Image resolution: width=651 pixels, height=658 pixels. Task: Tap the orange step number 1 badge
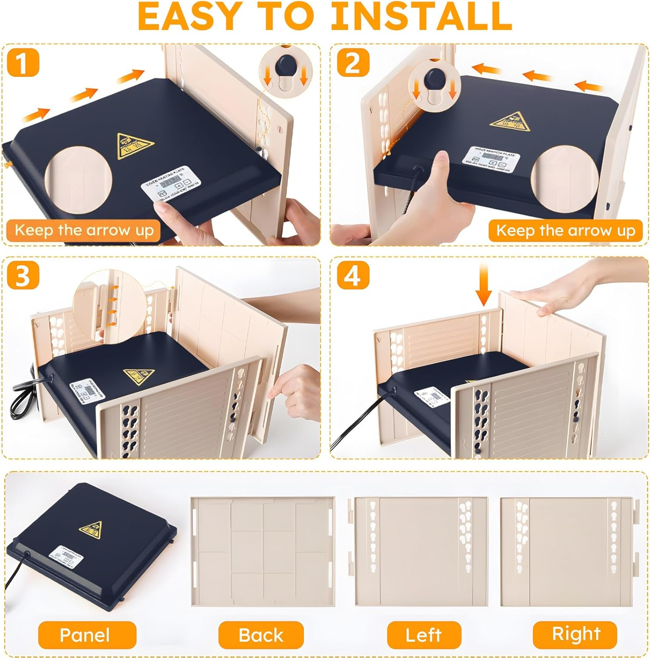click(23, 63)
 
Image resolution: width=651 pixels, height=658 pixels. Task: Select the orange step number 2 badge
click(353, 63)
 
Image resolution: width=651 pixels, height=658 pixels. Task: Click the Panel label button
click(84, 635)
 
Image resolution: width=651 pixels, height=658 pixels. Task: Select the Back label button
click(261, 635)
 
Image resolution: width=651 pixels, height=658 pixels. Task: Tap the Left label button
click(424, 635)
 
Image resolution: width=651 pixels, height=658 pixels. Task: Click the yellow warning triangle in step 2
click(509, 122)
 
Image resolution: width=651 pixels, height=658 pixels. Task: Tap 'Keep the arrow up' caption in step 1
click(84, 230)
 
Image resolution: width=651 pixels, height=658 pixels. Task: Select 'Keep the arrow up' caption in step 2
click(565, 230)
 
